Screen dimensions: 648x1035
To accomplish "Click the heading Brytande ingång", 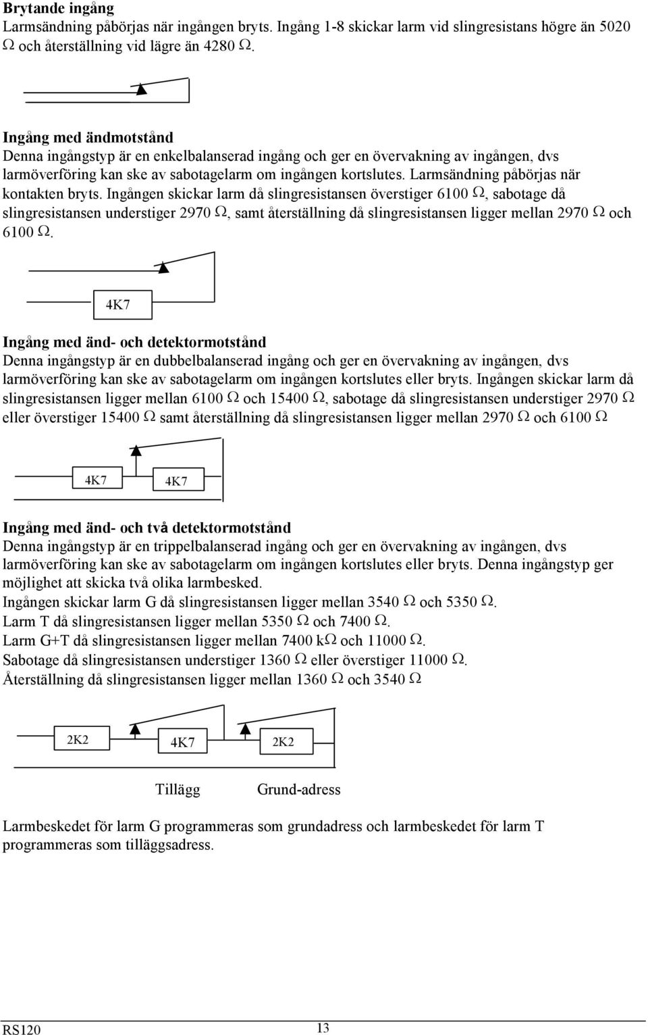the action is point(59,8).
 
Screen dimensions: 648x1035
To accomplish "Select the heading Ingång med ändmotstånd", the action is point(88,137).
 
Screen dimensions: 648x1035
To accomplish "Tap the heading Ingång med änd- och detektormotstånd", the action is point(135,342).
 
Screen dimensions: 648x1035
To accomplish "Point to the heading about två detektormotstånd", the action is point(147,528).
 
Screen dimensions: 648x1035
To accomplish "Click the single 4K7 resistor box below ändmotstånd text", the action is point(123,305).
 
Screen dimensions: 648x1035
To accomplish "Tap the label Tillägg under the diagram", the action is point(178,789).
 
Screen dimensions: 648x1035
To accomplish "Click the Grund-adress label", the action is point(298,789).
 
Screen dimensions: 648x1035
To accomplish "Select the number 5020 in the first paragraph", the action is point(614,26).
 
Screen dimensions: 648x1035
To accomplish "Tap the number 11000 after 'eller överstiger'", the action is point(429,660).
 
